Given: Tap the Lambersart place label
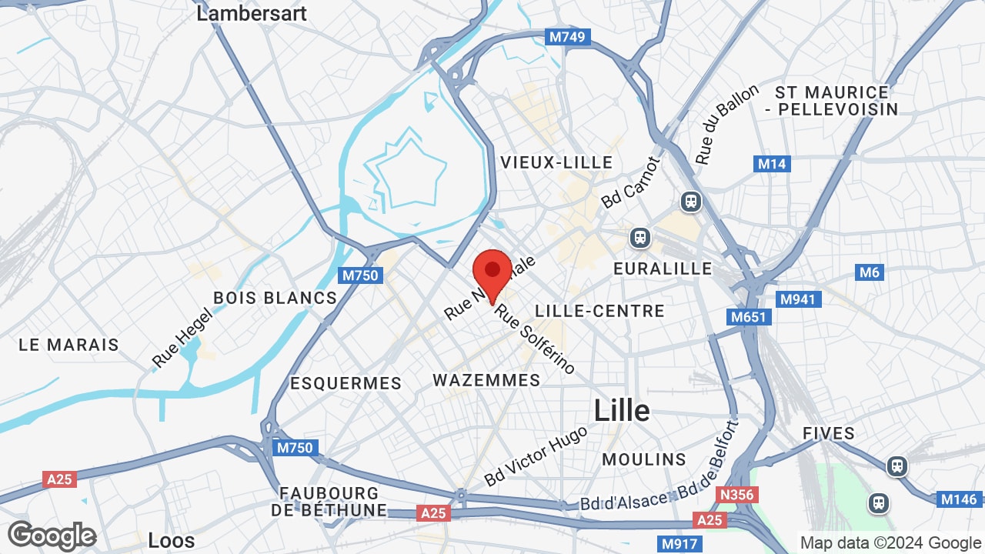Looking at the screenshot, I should click(x=252, y=13).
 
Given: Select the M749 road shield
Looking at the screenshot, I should click(x=567, y=36).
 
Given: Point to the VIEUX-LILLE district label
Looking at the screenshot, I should click(x=556, y=162).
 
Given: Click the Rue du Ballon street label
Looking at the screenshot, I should click(x=726, y=124).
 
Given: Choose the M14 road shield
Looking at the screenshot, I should click(x=771, y=164).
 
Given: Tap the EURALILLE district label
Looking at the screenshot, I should click(x=663, y=269).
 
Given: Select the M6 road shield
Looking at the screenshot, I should click(x=869, y=272).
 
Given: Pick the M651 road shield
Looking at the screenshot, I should click(x=749, y=317).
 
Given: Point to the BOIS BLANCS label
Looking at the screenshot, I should click(x=275, y=298).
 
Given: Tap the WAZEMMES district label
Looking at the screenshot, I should click(x=486, y=380).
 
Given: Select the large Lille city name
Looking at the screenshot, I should click(x=622, y=411).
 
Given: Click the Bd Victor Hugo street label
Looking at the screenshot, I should click(x=536, y=456).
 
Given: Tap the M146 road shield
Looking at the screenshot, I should click(x=958, y=499).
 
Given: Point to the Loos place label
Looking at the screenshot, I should click(x=171, y=541).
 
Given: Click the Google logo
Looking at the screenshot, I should click(x=52, y=536).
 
